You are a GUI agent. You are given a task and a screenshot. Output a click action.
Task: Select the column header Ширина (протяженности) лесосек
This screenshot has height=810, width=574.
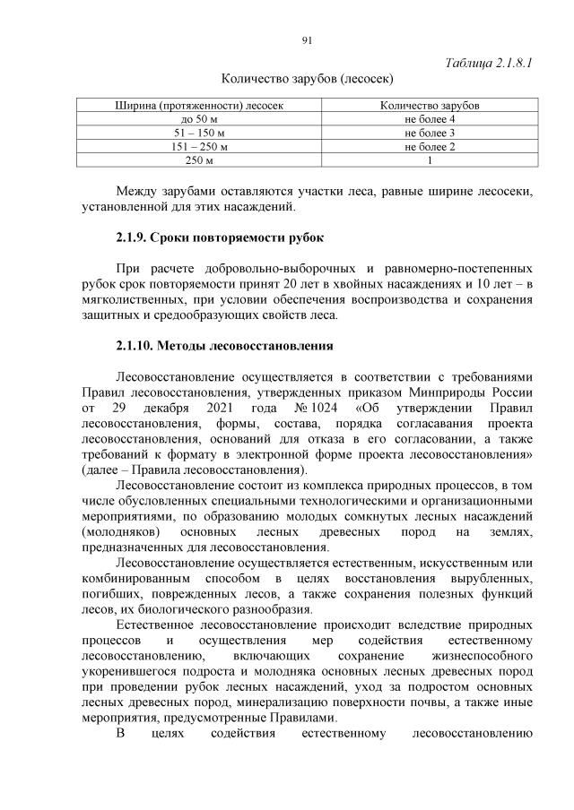coord(199,106)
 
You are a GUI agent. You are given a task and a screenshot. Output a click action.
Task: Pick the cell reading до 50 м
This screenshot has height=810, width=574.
coord(199,119)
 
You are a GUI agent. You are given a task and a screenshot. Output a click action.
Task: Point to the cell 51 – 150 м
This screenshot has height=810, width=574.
coord(199,133)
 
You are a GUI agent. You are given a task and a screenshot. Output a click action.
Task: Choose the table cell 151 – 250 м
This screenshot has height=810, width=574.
coord(199,146)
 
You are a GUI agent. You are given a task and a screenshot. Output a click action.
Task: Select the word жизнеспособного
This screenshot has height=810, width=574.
coord(477,656)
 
